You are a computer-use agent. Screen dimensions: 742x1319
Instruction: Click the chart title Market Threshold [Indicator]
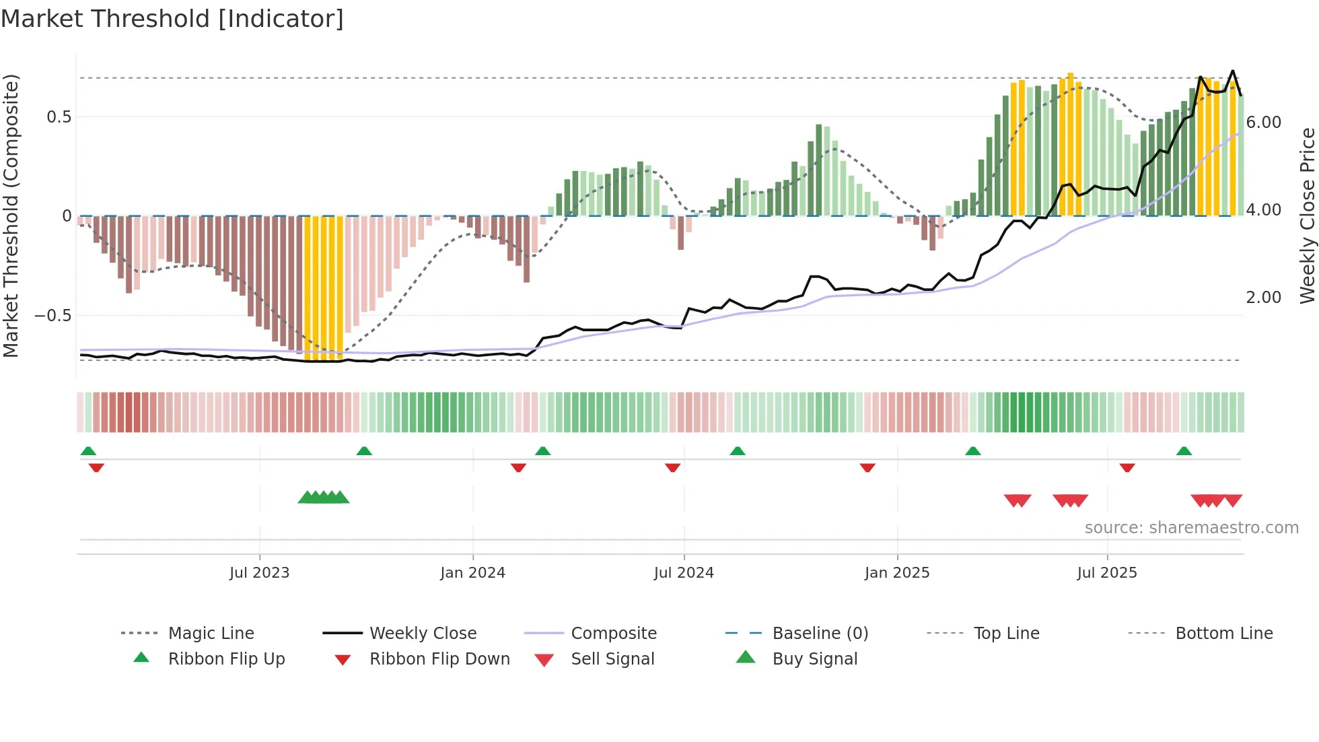(x=172, y=19)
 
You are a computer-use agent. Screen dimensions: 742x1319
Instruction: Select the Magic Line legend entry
(x=211, y=633)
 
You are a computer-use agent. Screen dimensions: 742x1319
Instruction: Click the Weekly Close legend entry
(x=423, y=633)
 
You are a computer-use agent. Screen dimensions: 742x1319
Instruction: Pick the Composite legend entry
(x=613, y=633)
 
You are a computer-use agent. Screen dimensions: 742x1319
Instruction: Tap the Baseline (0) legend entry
(x=820, y=633)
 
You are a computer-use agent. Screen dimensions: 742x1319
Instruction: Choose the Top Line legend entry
(x=1006, y=633)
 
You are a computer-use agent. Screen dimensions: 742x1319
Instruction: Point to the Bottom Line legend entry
(x=1223, y=633)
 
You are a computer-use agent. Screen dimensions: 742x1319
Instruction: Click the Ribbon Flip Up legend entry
(x=226, y=659)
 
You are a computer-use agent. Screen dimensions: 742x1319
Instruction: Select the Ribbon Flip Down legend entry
(x=439, y=659)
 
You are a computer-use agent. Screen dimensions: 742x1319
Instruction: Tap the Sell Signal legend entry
(x=612, y=659)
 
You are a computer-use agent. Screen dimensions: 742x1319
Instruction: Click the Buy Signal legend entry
(x=814, y=659)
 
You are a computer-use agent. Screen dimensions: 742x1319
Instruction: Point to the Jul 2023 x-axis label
(x=259, y=572)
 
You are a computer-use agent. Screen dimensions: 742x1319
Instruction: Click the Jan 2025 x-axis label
(x=896, y=572)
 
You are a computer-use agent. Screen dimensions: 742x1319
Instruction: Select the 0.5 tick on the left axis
(x=59, y=117)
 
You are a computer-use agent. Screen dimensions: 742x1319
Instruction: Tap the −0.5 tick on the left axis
(x=53, y=316)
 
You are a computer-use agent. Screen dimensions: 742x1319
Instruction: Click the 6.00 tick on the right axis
(x=1263, y=123)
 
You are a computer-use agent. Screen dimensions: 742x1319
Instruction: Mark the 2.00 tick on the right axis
(x=1263, y=298)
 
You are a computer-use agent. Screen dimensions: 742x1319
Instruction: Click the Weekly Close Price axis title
(x=1307, y=215)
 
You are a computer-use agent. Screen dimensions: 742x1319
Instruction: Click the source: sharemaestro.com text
(x=1191, y=527)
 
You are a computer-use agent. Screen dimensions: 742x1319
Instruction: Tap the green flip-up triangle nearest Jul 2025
(x=1184, y=451)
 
